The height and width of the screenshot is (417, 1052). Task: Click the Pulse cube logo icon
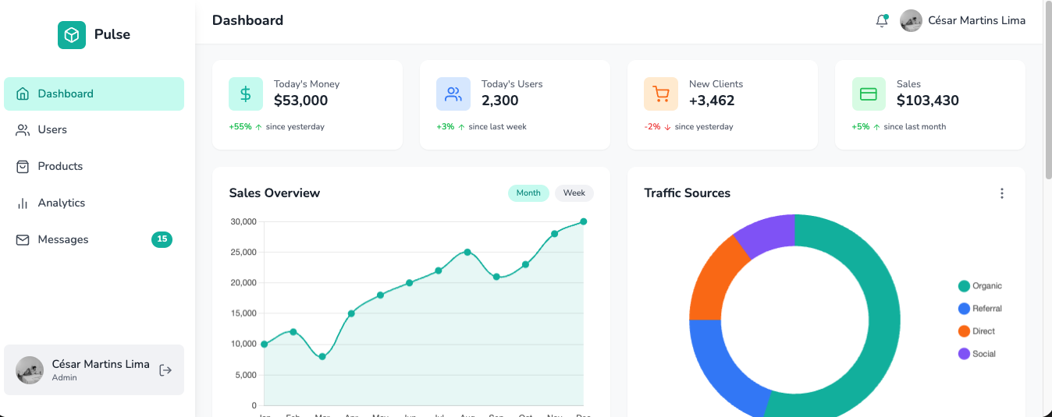(72, 35)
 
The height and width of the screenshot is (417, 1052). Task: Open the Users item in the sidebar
(52, 130)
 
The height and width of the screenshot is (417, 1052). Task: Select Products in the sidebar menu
(60, 166)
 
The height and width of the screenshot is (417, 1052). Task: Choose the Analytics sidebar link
(61, 203)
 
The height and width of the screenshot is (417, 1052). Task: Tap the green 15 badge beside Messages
(162, 239)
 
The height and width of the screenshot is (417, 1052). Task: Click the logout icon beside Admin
(165, 370)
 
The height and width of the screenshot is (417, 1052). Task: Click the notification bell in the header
(882, 21)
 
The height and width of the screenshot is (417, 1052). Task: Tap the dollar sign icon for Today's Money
(246, 94)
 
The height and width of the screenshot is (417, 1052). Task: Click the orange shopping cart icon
(661, 94)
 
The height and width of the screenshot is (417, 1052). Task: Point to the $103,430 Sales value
(927, 101)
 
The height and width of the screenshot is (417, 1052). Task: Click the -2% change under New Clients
(652, 127)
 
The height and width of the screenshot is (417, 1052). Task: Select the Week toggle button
(574, 193)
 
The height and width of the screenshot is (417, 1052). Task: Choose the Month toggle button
(528, 193)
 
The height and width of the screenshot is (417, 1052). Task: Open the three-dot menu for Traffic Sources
(1002, 193)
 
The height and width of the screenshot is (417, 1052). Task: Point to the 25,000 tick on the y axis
(243, 253)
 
